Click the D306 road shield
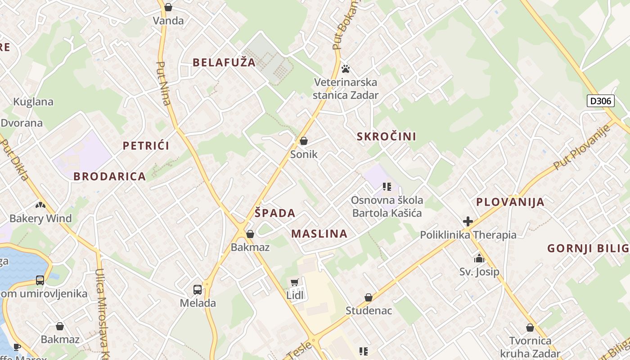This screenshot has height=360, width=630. click(601, 101)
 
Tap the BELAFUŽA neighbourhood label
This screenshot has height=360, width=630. click(224, 63)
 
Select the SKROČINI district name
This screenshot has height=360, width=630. click(387, 136)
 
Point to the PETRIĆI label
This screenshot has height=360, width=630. click(146, 146)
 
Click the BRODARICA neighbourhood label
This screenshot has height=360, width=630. click(110, 176)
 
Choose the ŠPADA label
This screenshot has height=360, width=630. click(275, 213)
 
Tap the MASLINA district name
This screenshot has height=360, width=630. click(319, 234)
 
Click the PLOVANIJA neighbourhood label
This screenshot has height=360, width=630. click(510, 202)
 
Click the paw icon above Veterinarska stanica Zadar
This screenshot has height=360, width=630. click(346, 69)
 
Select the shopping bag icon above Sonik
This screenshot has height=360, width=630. click(304, 141)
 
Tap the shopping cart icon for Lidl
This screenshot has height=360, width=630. click(295, 283)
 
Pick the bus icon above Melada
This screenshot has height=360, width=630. click(198, 289)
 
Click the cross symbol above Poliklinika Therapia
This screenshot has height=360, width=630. click(468, 221)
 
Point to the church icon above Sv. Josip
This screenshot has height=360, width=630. click(479, 258)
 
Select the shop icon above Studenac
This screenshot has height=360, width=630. click(369, 297)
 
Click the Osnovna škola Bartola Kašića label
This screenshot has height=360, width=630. click(387, 207)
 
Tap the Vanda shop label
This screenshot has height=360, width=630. click(168, 21)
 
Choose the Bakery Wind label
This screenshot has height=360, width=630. click(40, 219)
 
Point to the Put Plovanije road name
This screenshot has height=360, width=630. click(582, 147)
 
